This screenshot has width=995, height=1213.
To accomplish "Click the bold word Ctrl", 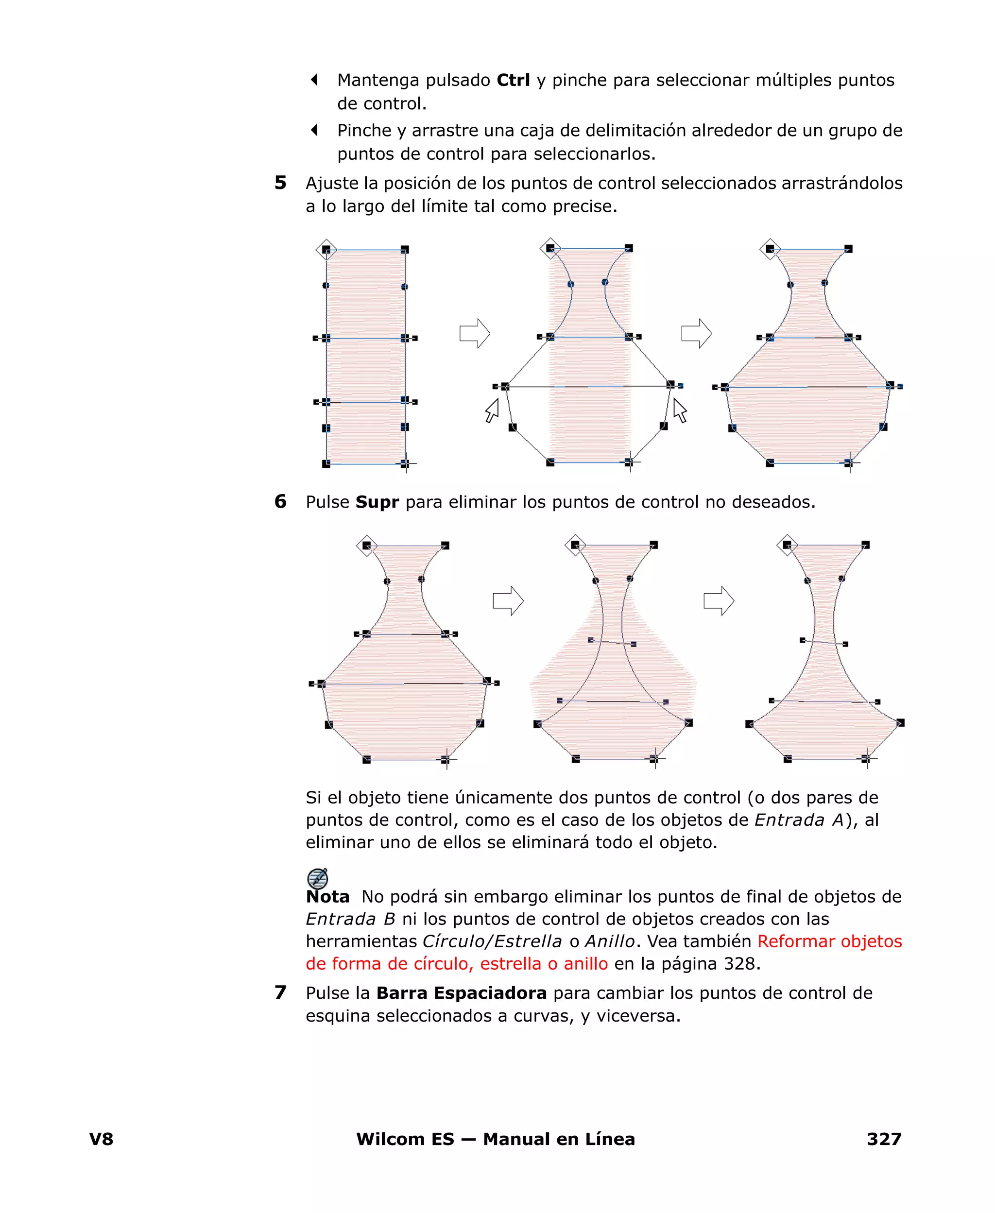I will click(x=513, y=80).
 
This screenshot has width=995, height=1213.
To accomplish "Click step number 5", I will click(x=280, y=183).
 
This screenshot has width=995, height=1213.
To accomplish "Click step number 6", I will click(x=280, y=501).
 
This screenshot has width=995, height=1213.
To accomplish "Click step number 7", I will click(x=280, y=992).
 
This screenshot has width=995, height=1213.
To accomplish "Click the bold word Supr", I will click(x=377, y=502).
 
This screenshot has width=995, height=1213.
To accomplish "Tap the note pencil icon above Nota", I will click(x=318, y=878).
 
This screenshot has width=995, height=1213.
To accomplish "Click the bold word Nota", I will click(x=327, y=897).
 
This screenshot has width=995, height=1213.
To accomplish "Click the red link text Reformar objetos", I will click(x=829, y=941).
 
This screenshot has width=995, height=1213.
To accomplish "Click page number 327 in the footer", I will click(x=884, y=1139).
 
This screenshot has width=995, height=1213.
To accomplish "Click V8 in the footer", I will click(x=102, y=1139).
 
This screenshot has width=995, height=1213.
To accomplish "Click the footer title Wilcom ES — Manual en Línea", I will click(x=495, y=1139).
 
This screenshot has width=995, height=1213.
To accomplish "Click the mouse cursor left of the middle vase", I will click(x=492, y=410).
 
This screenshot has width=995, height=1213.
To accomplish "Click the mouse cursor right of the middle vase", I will click(x=680, y=410).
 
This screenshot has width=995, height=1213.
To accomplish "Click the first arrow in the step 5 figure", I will click(x=475, y=333).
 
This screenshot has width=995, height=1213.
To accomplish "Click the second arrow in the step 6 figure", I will click(x=719, y=601).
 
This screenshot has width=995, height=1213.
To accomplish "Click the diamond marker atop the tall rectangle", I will click(x=326, y=250).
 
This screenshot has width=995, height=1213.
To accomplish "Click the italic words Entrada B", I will click(x=350, y=919).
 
